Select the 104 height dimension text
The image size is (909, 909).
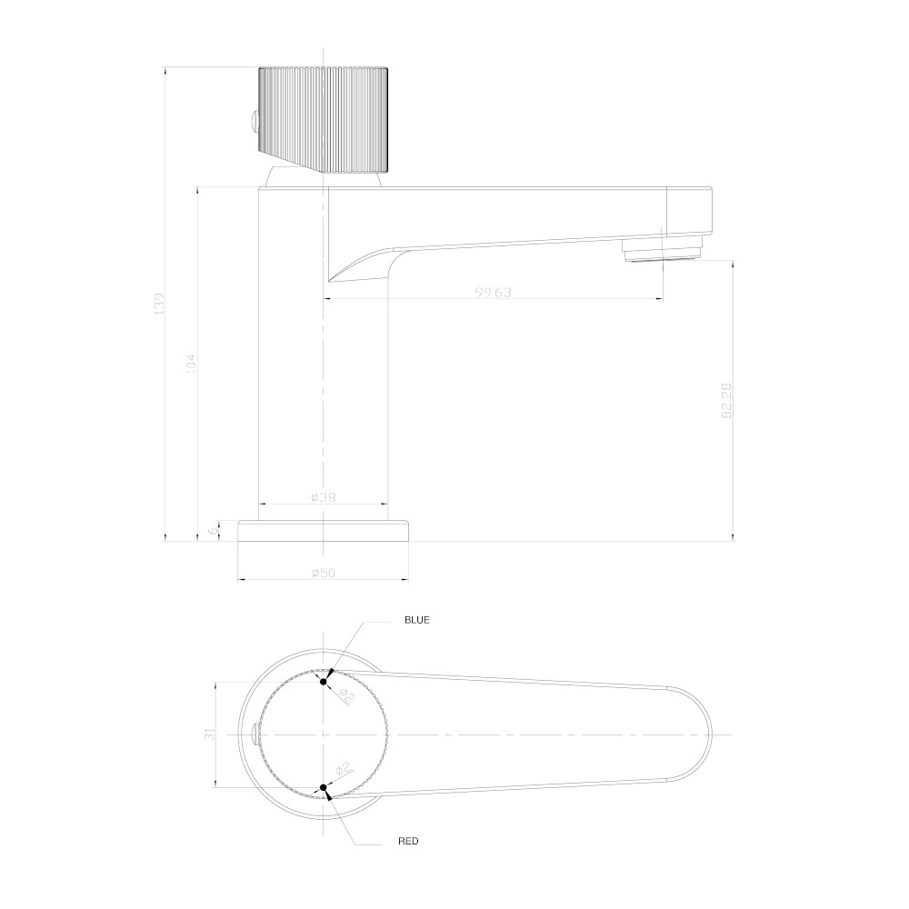(190, 364)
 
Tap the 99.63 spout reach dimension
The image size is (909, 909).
(494, 292)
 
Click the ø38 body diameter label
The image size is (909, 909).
(324, 497)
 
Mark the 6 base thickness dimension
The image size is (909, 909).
(215, 529)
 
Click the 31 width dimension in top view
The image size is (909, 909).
(209, 734)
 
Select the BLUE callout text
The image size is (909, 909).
(416, 620)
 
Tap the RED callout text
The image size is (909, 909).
(408, 842)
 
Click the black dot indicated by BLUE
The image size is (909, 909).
(324, 679)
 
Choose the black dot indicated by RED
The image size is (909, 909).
(324, 787)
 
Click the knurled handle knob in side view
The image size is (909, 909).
(325, 119)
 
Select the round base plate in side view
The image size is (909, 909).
(324, 530)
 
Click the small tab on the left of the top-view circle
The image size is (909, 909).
(252, 734)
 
